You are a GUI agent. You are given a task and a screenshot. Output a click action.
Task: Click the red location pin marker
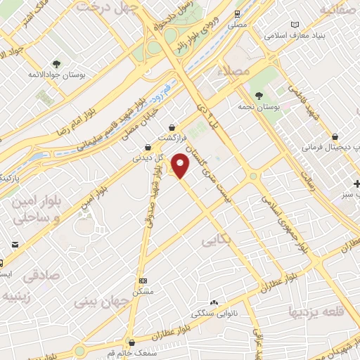[x=181, y=165]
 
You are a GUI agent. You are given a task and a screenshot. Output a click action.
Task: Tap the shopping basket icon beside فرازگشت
[x=173, y=127]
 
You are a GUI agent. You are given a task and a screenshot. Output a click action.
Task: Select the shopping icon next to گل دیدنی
[x=148, y=147]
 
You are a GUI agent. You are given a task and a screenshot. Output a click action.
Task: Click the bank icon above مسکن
[x=143, y=279]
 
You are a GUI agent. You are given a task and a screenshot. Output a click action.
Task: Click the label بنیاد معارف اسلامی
[x=299, y=34]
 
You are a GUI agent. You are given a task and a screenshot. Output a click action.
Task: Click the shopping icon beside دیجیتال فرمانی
[x=335, y=136]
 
